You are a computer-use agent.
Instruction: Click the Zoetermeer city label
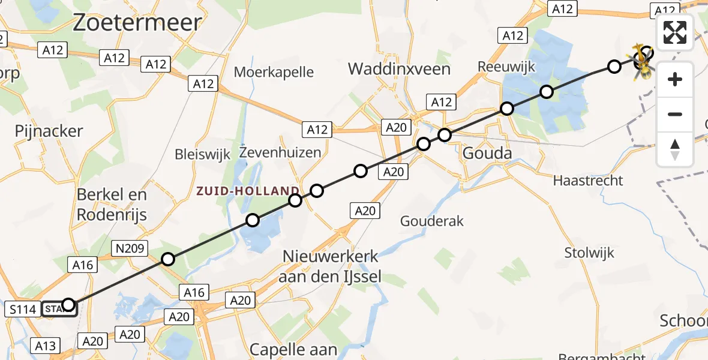(x=137, y=23)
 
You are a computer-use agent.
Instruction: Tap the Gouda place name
(x=487, y=154)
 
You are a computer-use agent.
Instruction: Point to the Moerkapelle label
(x=274, y=73)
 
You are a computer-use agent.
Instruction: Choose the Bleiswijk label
(x=202, y=154)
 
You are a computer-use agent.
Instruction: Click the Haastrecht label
(x=588, y=180)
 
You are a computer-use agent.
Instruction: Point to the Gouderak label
(x=432, y=221)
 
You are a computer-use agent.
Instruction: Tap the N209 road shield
(x=130, y=247)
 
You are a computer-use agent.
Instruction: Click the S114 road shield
(x=24, y=309)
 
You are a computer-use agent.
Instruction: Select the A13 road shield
(x=46, y=346)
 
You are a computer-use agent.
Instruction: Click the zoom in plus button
(x=675, y=79)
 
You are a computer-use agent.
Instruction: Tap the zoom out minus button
(x=675, y=114)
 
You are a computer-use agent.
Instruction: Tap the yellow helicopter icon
(x=643, y=62)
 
